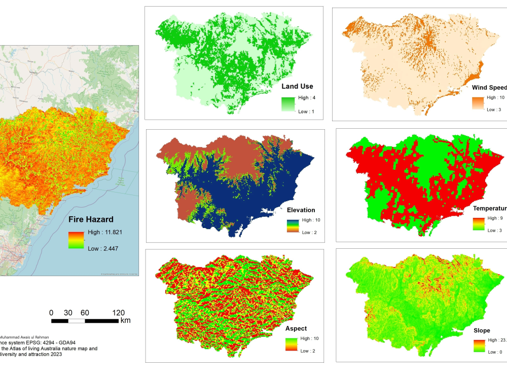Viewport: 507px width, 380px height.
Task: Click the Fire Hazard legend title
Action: pos(91,220)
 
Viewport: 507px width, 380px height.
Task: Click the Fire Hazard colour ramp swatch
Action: pos(76,240)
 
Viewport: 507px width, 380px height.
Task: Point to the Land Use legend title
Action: pos(297,86)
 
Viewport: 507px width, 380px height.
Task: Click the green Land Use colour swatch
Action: pos(288,104)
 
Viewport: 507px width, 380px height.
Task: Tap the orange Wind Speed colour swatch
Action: pos(479,103)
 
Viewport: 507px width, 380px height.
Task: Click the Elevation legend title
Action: pos(301,210)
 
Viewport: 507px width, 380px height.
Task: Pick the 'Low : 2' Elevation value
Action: pos(310,233)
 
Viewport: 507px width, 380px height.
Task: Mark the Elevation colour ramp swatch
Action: pos(293,226)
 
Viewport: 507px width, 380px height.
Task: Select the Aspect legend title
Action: pos(297,328)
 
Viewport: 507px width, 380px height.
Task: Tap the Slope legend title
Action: pos(482,330)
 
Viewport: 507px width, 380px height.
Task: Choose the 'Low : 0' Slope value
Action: pos(495,352)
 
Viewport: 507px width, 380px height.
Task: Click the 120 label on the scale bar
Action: pos(118,313)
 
